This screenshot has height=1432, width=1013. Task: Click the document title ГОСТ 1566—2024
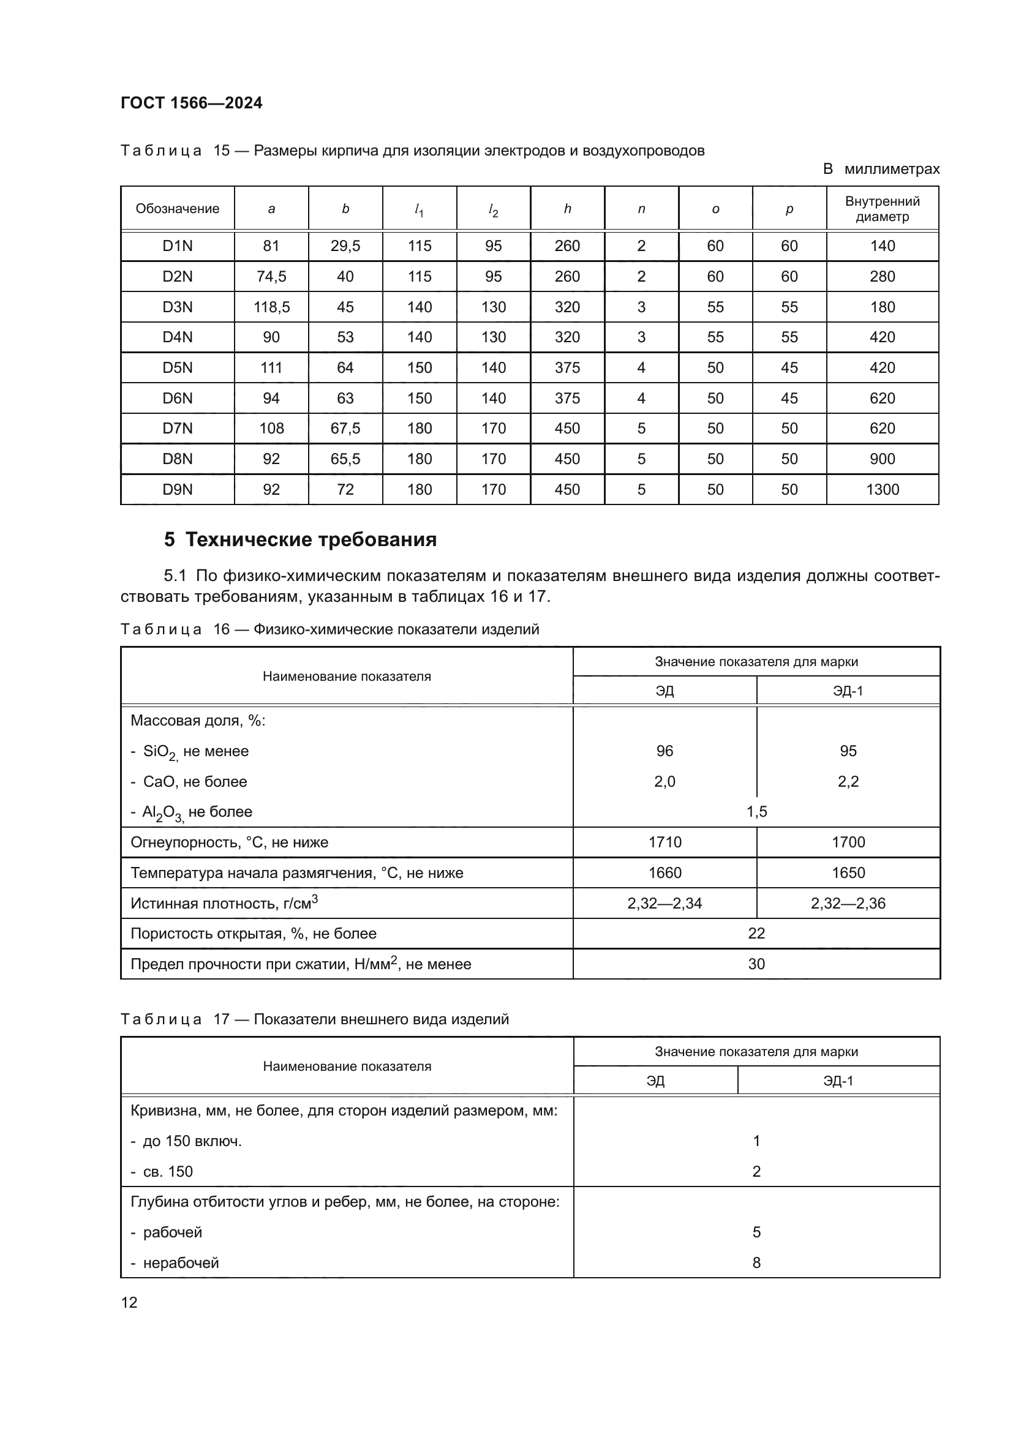tap(192, 103)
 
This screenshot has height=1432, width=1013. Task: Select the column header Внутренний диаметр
tap(882, 209)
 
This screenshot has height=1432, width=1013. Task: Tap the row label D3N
tap(177, 307)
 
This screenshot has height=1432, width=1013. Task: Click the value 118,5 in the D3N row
tap(271, 307)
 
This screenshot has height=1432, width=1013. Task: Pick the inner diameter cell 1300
tap(882, 490)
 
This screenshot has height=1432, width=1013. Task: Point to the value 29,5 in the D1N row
tap(345, 246)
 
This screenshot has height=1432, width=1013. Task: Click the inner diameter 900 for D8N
tap(882, 459)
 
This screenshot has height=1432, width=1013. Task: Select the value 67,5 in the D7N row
tap(345, 429)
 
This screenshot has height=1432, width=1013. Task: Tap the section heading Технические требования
tap(311, 539)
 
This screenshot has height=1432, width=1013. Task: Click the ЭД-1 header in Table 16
tap(848, 691)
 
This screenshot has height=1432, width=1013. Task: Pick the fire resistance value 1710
tap(665, 842)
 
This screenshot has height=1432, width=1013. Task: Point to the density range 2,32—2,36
tap(848, 903)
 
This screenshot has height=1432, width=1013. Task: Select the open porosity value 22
tap(756, 934)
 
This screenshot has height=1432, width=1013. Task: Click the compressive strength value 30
tap(756, 964)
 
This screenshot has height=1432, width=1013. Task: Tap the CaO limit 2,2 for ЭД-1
tap(848, 781)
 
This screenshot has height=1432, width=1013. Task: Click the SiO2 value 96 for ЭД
tap(665, 751)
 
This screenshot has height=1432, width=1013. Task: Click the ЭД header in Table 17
tap(655, 1081)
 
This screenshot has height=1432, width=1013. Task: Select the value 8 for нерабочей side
tap(756, 1263)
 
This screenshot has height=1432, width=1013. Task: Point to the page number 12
tap(129, 1302)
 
